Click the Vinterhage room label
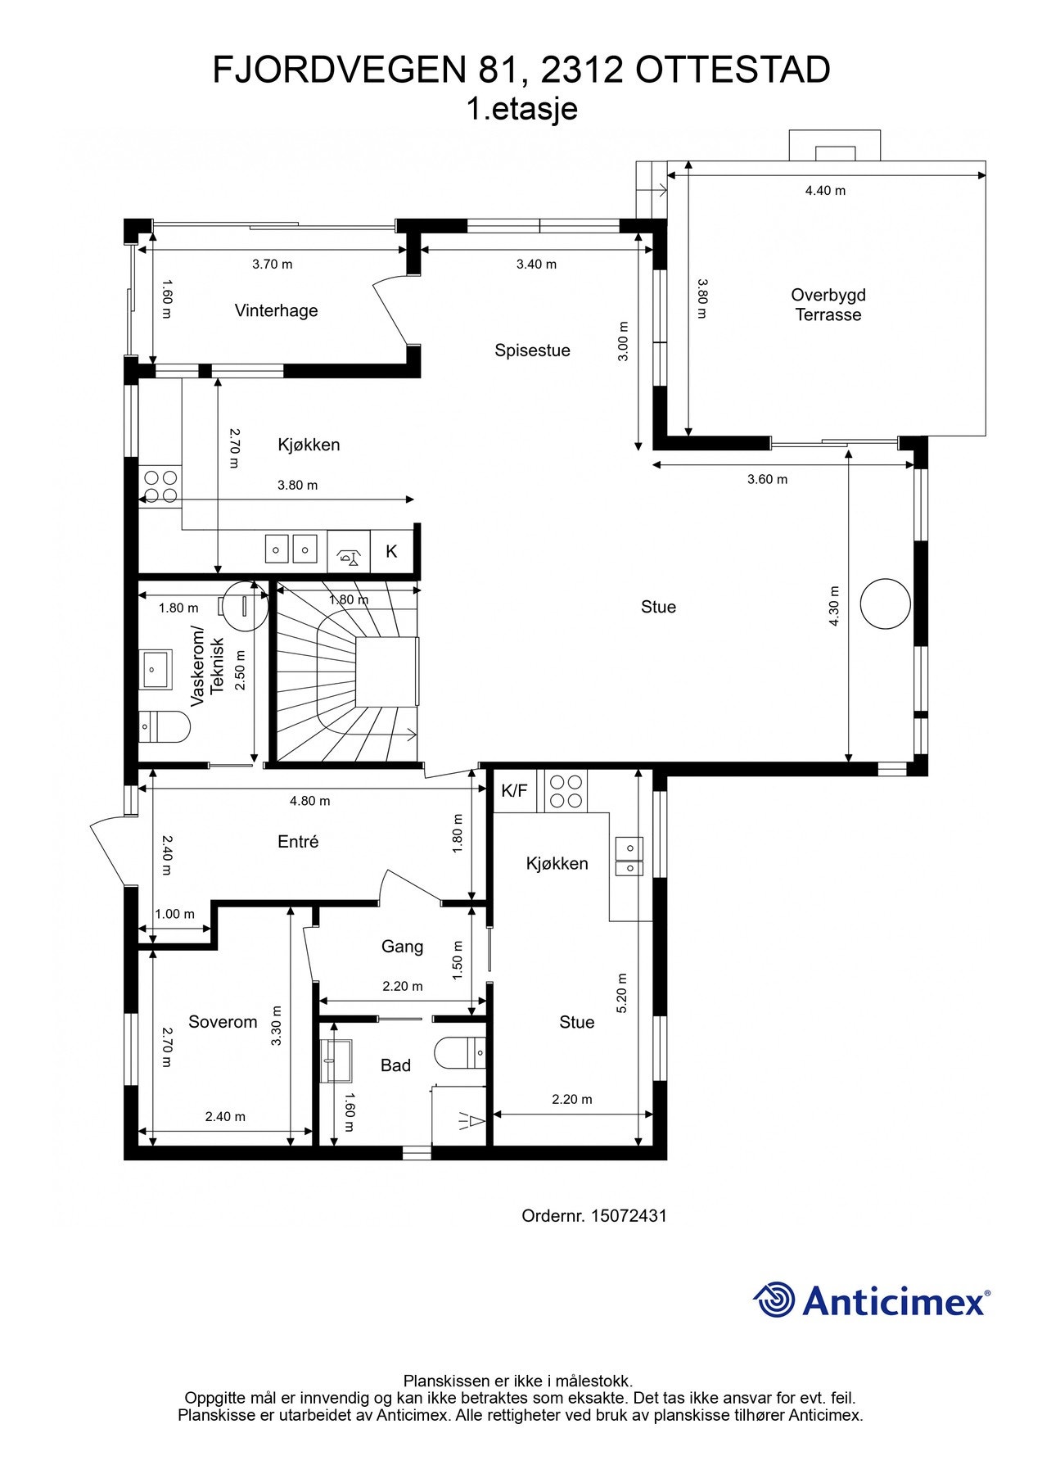pos(276,310)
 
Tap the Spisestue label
pos(532,350)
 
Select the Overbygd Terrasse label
pos(828,305)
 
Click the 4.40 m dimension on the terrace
pos(825,191)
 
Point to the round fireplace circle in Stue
pos(885,604)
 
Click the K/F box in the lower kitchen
pos(515,791)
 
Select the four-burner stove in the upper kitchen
pos(160,486)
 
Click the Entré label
pos(298,842)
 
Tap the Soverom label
pos(223,1022)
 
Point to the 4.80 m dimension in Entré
pos(310,801)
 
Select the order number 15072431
pos(629,1216)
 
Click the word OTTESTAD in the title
pos(733,70)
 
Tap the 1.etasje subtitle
pos(522,109)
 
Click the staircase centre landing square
pos(386,671)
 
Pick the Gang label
pos(403,947)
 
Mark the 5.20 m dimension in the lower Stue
pos(622,993)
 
